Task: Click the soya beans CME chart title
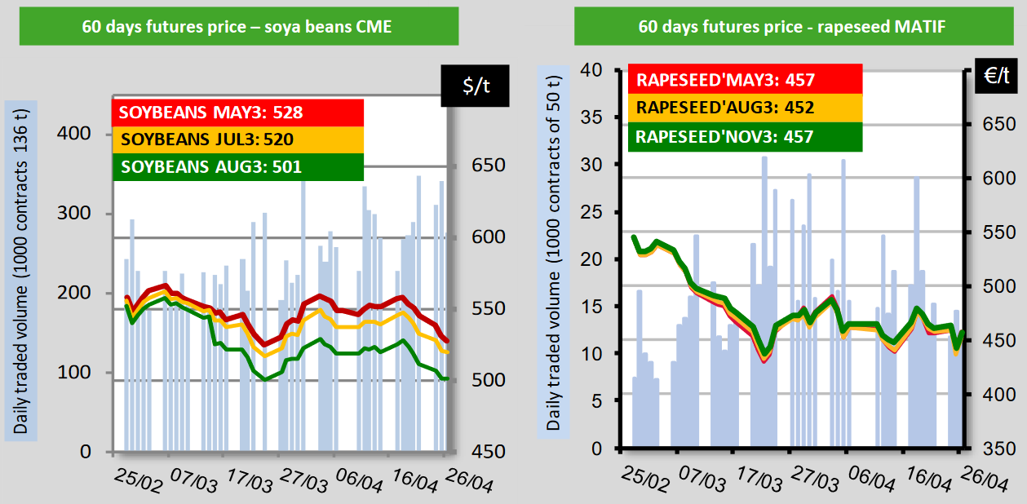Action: pos(237,27)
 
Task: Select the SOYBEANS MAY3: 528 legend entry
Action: pos(237,113)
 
